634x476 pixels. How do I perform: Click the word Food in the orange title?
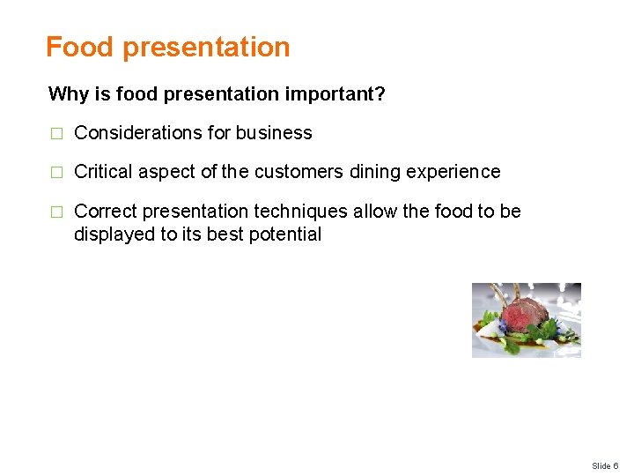[x=80, y=47]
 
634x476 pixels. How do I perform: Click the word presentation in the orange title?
[x=206, y=48]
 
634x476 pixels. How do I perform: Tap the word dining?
[x=374, y=172]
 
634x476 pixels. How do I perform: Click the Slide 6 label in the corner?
[x=605, y=465]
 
